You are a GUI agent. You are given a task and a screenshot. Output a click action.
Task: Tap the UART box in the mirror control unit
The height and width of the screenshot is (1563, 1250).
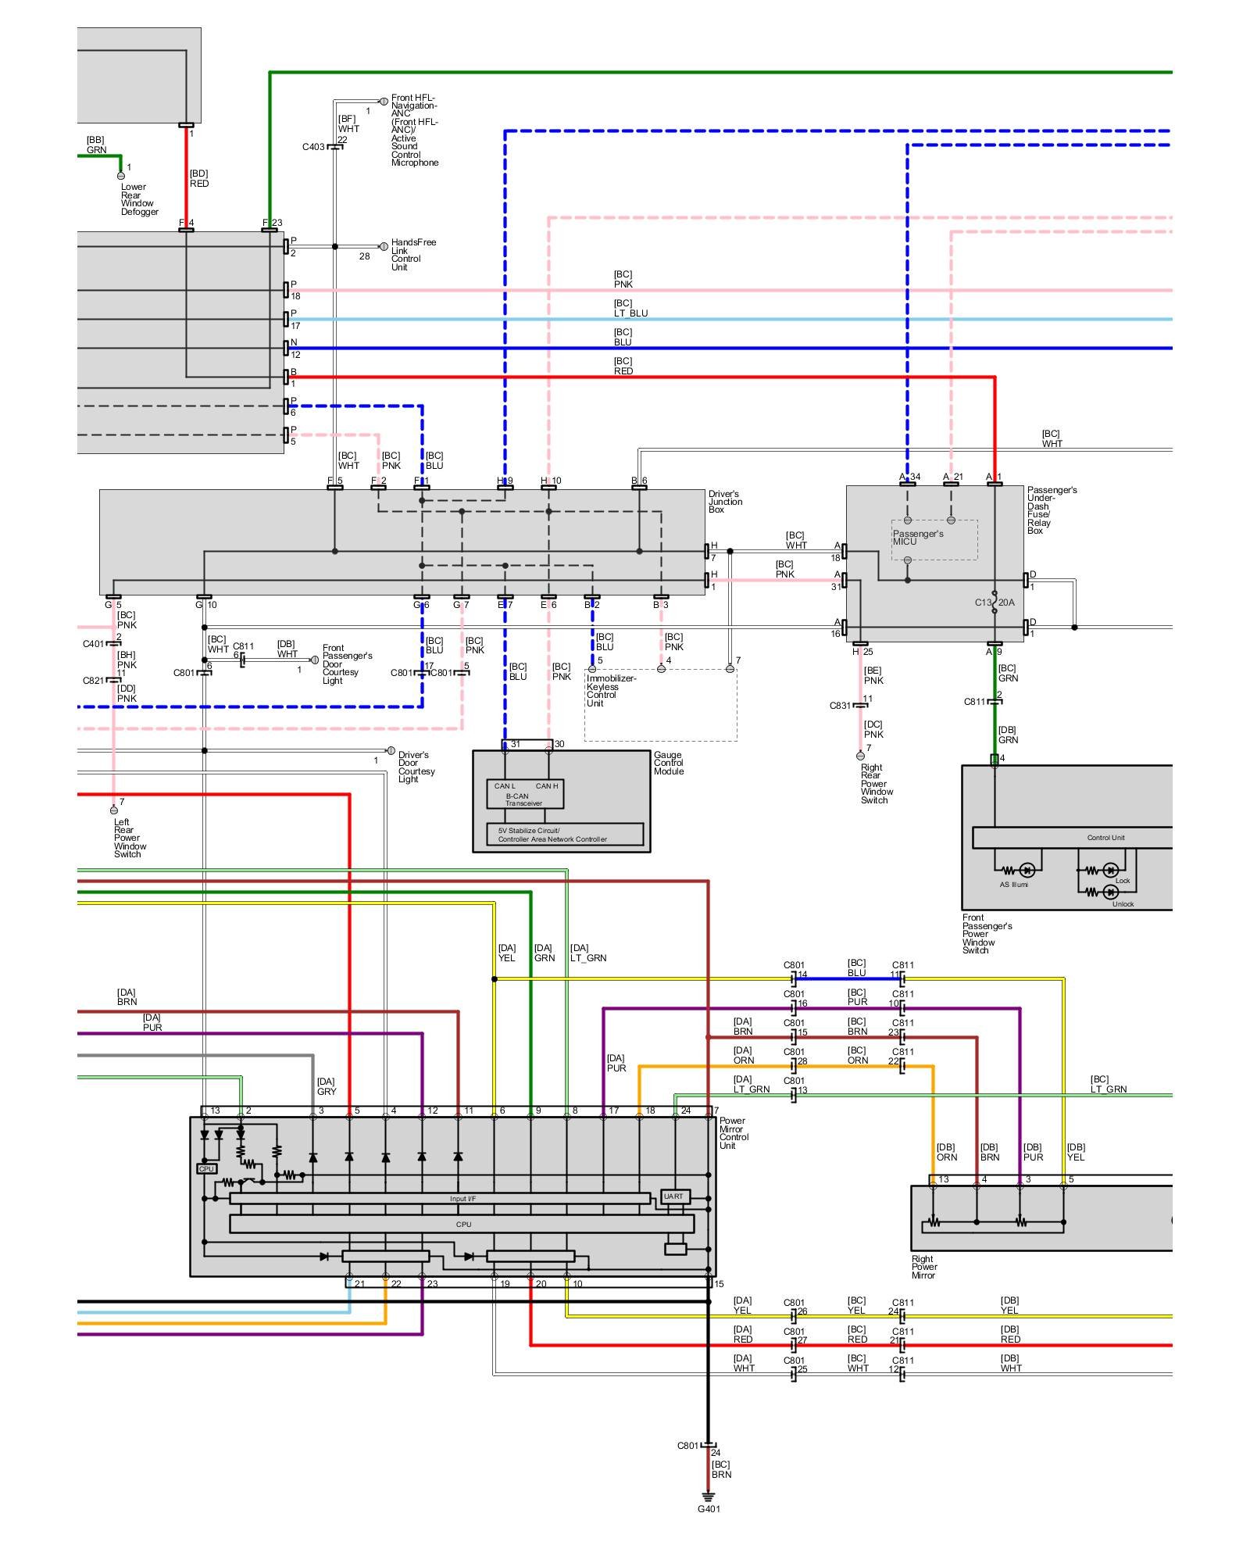coord(673,1196)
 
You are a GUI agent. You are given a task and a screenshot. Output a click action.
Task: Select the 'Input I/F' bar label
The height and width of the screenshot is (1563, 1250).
coord(462,1199)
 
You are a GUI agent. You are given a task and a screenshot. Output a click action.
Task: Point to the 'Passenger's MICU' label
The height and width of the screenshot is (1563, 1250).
coord(918,538)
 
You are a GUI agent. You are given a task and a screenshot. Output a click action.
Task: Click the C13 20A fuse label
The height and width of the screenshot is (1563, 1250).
coord(995,603)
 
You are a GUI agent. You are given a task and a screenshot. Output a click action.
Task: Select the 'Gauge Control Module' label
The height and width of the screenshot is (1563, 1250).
coord(669,764)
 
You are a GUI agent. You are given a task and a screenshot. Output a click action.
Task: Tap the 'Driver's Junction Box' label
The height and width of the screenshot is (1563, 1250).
coord(725,502)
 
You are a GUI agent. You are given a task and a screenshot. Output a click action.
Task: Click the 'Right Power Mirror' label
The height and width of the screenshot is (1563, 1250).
coord(924,1267)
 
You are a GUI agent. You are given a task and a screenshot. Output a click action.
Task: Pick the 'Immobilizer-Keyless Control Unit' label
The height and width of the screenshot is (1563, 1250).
coord(611,691)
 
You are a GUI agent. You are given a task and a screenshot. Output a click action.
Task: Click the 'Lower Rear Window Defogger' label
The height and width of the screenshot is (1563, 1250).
coord(139,199)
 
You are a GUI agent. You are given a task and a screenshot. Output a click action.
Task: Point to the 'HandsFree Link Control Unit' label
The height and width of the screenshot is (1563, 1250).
coord(413,255)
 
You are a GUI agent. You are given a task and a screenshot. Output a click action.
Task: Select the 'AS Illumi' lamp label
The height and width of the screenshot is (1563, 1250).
coord(1014,885)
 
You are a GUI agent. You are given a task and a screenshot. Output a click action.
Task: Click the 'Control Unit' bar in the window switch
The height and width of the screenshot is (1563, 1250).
coord(1105,838)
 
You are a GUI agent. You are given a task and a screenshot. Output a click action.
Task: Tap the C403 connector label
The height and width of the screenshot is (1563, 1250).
coord(313,147)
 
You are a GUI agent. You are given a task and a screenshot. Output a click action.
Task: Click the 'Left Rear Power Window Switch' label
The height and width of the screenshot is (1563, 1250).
coord(130,838)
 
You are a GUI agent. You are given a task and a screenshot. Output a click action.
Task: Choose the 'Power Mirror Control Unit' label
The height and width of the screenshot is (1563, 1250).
coord(734,1133)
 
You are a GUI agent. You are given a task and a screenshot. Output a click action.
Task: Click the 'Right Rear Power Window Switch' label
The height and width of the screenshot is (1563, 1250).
coord(877,784)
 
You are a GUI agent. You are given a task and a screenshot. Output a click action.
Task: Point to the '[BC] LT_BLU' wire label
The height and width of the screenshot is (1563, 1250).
coord(630,309)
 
